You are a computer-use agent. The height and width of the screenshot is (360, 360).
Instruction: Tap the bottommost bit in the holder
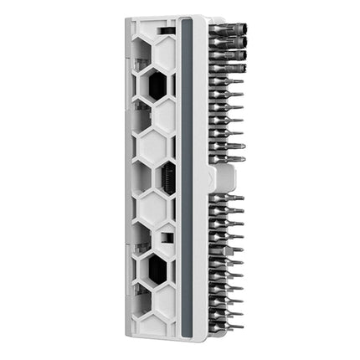[x=226, y=325]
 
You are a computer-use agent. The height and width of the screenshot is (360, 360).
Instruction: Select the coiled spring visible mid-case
[x=168, y=178]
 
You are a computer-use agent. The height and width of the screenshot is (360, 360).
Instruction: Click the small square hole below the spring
[x=167, y=237]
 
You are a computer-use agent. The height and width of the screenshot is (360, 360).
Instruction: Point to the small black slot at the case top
[x=167, y=30]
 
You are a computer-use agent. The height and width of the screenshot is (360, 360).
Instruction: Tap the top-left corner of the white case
[x=128, y=19]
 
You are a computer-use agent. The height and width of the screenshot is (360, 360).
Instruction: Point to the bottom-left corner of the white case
[x=128, y=337]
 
